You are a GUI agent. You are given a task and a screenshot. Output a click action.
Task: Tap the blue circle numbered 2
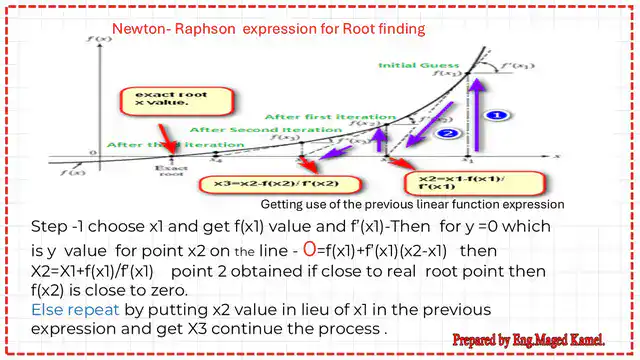(x=450, y=132)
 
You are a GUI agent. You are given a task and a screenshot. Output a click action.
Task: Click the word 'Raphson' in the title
(x=213, y=29)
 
